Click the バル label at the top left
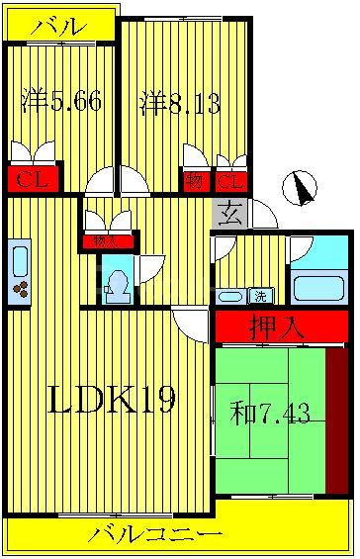tap(57, 27)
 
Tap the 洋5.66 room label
tap(61, 102)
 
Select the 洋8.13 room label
tap(179, 102)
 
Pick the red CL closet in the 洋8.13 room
tap(230, 181)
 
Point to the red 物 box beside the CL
tap(194, 181)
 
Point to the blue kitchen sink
tap(20, 259)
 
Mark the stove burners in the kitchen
tap(20, 290)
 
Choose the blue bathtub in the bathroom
tap(317, 288)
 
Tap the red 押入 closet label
tap(280, 326)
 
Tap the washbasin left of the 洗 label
tap(229, 296)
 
